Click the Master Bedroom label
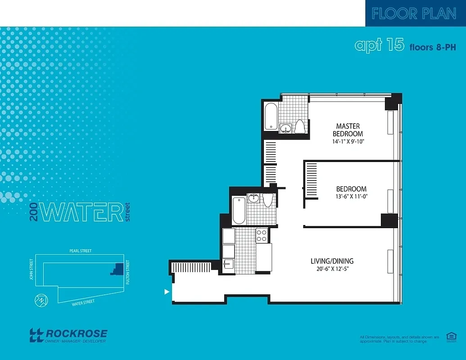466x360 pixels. point(348,130)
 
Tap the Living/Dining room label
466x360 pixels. point(332,261)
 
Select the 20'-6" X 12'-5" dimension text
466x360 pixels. point(332,269)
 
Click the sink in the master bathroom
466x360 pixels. point(285,129)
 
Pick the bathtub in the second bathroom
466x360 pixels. point(239,210)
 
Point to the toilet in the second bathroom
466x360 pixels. point(268,201)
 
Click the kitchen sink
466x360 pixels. point(228,264)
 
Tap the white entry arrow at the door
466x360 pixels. point(167,292)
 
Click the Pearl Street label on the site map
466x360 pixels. point(80,251)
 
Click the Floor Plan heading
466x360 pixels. point(414,13)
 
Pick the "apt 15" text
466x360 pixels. point(379,45)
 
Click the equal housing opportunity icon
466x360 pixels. point(450,337)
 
